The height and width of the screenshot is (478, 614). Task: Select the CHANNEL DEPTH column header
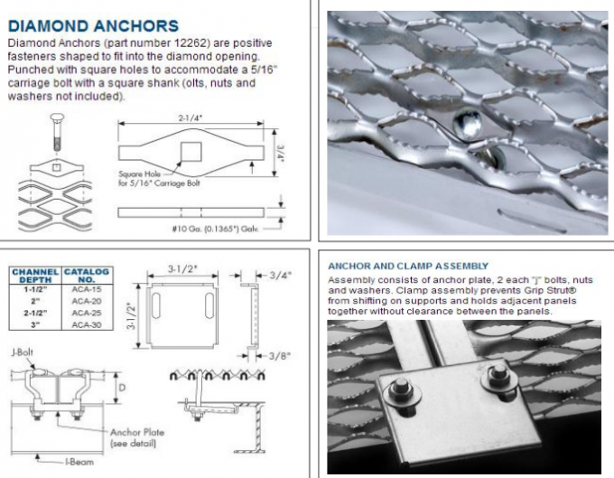pos(34,274)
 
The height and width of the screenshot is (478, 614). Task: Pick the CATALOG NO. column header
pos(86,274)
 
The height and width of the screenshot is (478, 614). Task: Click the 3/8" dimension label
pos(278,355)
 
